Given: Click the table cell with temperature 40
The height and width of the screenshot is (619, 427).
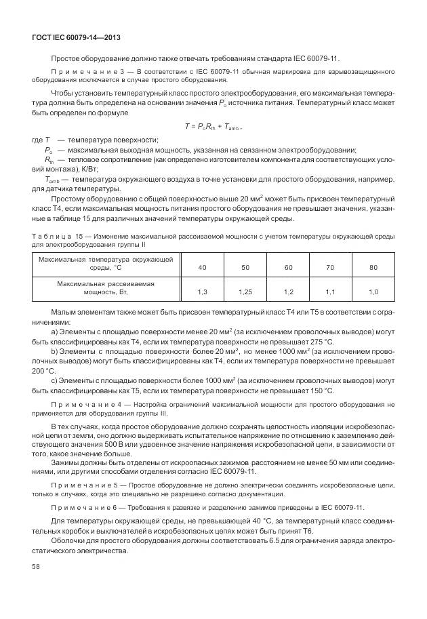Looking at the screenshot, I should click(202, 268).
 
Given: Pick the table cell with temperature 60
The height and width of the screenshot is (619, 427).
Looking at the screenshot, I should click(288, 268).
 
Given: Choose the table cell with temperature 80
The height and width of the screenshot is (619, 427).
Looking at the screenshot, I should click(373, 268).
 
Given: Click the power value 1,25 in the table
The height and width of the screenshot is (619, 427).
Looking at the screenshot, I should click(245, 292).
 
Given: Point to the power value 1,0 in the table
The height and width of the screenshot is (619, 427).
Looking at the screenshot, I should click(373, 292).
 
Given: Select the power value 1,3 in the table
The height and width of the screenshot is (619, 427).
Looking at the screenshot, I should click(202, 292).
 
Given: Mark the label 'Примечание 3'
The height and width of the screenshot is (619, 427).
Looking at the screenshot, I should click(89, 71).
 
